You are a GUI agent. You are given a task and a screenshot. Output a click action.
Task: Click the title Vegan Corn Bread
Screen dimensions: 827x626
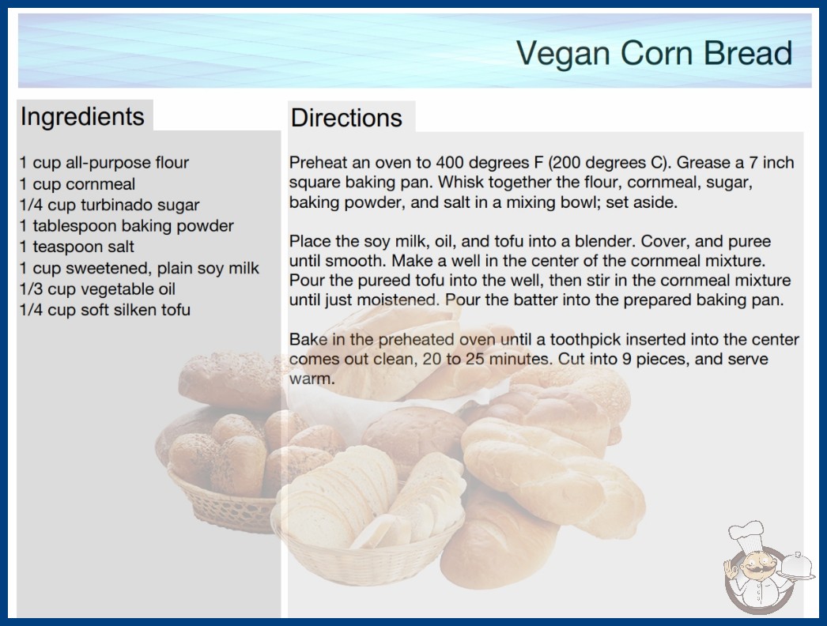coord(654,53)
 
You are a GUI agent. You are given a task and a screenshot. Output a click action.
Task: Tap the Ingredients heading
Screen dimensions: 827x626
coord(82,116)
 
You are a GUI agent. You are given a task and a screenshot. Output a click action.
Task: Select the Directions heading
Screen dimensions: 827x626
coord(346,118)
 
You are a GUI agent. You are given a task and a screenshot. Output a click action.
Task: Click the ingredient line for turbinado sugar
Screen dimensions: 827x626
coord(110,205)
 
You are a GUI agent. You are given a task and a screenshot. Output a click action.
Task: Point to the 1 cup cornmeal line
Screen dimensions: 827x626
coord(77,183)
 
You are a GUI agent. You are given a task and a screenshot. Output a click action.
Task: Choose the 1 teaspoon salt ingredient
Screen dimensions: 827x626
coord(77,247)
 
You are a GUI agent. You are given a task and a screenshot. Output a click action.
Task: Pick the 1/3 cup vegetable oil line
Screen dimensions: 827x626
coord(97,288)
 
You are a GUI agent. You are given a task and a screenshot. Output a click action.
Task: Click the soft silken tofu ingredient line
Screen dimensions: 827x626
coord(105,310)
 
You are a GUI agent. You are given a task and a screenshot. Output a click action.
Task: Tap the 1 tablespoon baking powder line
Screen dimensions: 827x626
coord(127,226)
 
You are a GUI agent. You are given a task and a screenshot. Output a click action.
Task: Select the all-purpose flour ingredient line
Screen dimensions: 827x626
coord(104,163)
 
